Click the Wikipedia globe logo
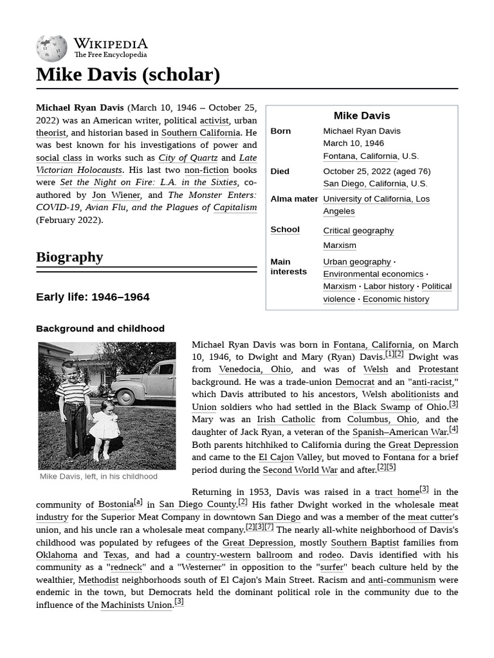[51, 48]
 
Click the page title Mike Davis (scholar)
[128, 75]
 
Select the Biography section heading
[69, 257]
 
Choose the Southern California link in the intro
[200, 133]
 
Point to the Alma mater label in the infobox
[294, 199]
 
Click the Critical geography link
[358, 231]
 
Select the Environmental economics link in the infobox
[373, 274]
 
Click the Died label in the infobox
[280, 172]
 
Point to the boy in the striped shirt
[72, 405]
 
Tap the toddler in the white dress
[104, 427]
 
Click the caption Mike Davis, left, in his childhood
[98, 477]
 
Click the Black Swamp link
[381, 407]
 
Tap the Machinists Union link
[136, 605]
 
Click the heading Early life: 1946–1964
[93, 297]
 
